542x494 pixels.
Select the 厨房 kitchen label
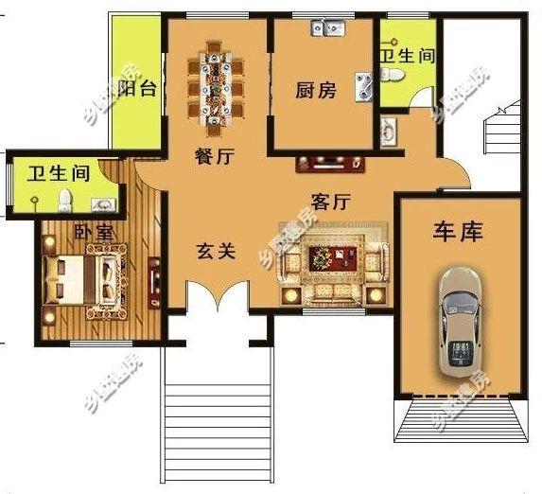point(315,91)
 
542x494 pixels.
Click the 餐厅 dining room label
point(214,159)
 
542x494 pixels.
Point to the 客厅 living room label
point(331,201)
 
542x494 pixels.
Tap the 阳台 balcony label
point(139,88)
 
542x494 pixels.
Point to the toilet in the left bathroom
point(65,199)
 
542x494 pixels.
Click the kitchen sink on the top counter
point(328,29)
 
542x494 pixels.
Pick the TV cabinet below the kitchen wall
point(329,164)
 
